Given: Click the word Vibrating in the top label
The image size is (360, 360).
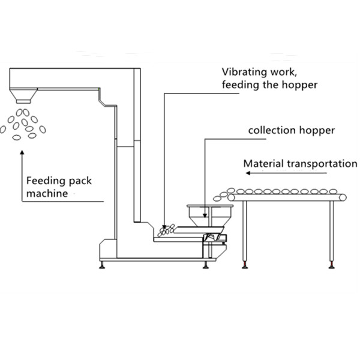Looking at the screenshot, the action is tap(245, 72).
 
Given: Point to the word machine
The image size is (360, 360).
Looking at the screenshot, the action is tap(47, 193).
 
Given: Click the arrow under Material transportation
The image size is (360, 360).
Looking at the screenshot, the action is tap(286, 173).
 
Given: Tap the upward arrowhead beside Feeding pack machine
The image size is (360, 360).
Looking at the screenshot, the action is tap(22, 152).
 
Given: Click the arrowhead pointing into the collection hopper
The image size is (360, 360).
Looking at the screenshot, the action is tap(205, 215).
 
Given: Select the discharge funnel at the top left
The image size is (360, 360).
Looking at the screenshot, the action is tap(23, 95).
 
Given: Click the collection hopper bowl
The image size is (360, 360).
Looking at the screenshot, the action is tap(210, 215).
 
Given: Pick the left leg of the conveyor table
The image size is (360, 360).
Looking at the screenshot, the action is tap(245, 232).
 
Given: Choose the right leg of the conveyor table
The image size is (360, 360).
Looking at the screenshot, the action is tap(331, 232).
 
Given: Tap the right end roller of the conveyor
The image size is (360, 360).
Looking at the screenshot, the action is tap(343, 197).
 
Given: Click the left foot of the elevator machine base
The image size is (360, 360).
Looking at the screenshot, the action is tap(102, 265).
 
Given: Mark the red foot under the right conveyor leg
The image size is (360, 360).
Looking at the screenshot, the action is tap(332, 265).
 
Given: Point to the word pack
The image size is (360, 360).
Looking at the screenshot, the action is tap(80, 181).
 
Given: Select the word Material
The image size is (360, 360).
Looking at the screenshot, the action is tap(263, 164).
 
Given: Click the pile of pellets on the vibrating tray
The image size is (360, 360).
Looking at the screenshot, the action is tap(166, 230).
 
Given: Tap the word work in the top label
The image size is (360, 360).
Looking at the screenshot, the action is tap(284, 72).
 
